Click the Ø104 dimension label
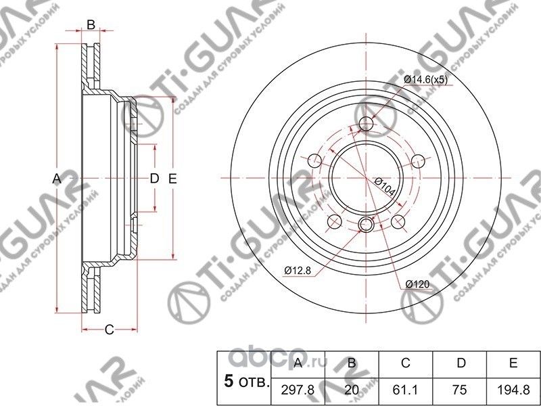coord(383,185)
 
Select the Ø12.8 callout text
coord(298,271)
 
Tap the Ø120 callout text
coord(419,285)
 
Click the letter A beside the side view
coord(57,179)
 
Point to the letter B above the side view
coord(91,26)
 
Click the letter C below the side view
coord(108,330)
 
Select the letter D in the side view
coord(154,179)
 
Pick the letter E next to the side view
coord(172,179)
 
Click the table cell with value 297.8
coord(298,389)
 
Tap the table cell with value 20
coord(352,389)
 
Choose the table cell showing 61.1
coord(406,389)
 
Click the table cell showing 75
coord(461,389)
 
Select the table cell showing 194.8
coord(514,389)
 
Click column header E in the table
coord(514,363)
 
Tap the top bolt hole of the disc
coord(367,123)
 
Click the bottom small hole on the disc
coord(367,225)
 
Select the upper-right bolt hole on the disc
coord(418,160)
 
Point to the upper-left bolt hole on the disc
coord(315,160)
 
